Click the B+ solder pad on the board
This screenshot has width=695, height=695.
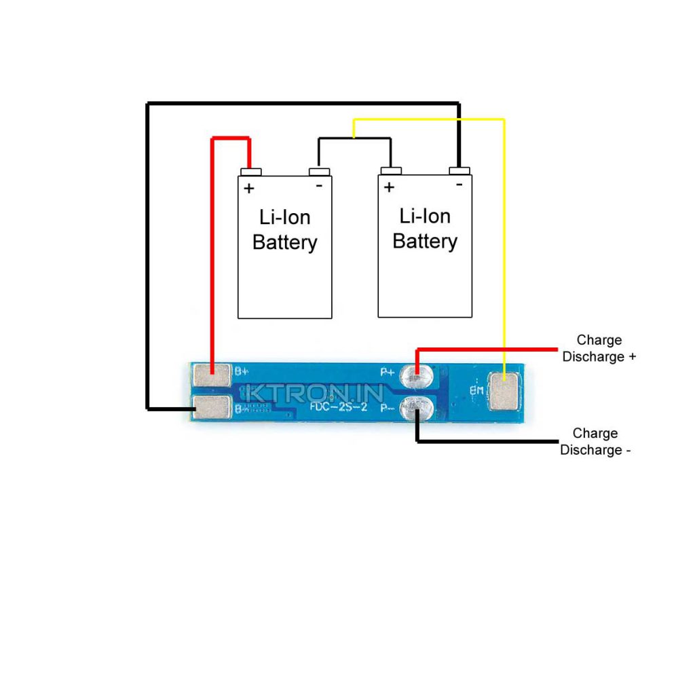point(211,375)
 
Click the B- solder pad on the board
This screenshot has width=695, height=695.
point(212,407)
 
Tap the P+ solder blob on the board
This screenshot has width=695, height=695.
point(416,374)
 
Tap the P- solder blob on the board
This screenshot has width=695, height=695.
point(415,408)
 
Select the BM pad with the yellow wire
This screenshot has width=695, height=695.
point(505,392)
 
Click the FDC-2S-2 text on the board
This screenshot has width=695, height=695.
point(339,407)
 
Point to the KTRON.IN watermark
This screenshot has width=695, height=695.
point(315,393)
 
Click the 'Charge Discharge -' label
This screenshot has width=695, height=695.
point(595,441)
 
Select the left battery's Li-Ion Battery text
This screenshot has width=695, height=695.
point(284,229)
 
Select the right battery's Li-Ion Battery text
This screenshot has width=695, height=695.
point(425,229)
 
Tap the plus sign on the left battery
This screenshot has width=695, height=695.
point(249,188)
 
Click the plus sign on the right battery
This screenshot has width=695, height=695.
point(389,187)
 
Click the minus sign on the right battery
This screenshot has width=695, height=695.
point(459,184)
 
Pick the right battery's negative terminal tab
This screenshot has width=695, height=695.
point(459,170)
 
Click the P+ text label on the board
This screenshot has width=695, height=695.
point(388,371)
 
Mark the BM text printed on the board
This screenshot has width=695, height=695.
point(476,391)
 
